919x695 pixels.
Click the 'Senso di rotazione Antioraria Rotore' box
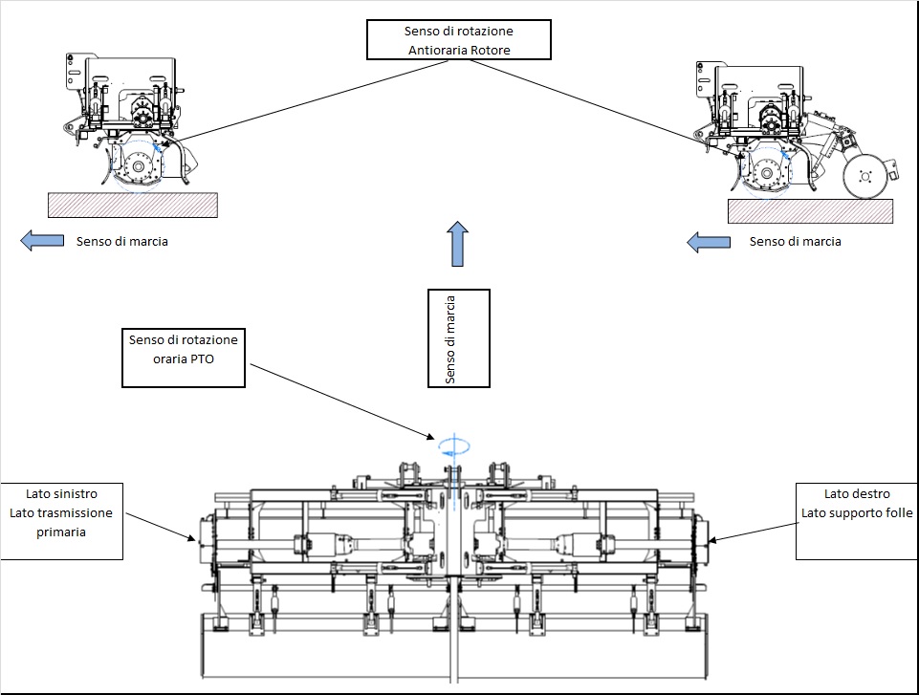(x=459, y=40)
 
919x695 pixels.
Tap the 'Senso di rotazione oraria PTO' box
(x=184, y=358)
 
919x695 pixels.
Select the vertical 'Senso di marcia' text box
(x=459, y=338)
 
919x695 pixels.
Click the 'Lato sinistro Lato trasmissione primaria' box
(x=61, y=521)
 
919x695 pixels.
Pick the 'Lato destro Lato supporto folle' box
(x=857, y=521)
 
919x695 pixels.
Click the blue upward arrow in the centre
(x=458, y=244)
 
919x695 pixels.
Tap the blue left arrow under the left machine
(x=42, y=241)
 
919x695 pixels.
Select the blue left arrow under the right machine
(x=709, y=242)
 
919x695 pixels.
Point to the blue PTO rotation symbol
(x=453, y=447)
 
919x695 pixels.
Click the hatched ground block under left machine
(x=133, y=206)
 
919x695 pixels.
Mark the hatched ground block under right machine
(x=811, y=211)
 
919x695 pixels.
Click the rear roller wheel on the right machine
(x=864, y=177)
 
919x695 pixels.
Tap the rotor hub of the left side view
(x=139, y=167)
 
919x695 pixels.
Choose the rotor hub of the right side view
(x=766, y=173)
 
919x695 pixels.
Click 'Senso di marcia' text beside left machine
(x=121, y=242)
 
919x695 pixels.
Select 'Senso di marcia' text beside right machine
(x=796, y=242)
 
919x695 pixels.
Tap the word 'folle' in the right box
(x=899, y=512)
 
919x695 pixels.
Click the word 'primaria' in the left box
(x=61, y=532)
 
